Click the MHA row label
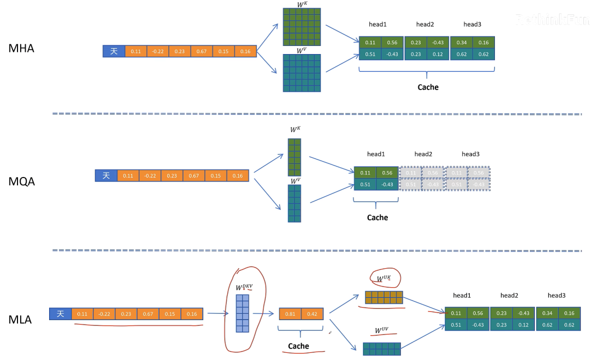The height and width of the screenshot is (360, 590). [21, 48]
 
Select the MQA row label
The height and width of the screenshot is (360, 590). [22, 181]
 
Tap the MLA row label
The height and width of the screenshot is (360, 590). [20, 320]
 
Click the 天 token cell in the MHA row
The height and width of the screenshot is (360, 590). [114, 51]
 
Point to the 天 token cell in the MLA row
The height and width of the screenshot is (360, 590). [60, 314]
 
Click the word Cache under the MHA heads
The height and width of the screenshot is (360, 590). [428, 87]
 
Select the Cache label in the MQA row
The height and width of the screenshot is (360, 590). [377, 217]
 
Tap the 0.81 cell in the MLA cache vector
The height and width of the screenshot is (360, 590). [290, 314]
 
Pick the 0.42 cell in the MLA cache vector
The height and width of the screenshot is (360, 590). [312, 314]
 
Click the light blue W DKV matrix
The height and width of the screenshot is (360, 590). [242, 313]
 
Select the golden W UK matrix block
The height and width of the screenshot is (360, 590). [383, 297]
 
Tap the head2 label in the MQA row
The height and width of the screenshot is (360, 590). [423, 154]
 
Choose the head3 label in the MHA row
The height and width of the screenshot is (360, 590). [472, 25]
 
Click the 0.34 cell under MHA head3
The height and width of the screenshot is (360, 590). [461, 43]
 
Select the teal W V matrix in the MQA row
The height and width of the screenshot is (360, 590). [294, 203]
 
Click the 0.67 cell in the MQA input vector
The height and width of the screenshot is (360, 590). [194, 176]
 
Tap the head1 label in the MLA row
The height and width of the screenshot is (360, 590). [462, 296]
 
